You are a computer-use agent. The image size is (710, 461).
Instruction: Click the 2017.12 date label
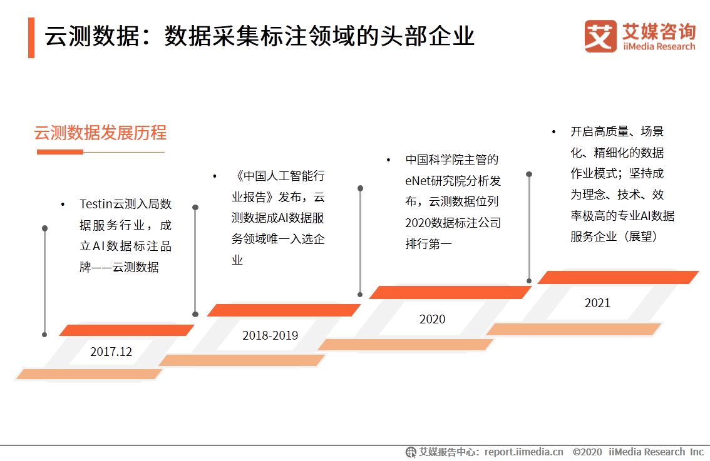click(111, 352)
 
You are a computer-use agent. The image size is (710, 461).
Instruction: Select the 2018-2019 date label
click(270, 336)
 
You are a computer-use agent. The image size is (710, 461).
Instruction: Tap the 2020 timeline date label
click(432, 320)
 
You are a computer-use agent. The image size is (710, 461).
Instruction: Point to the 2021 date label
click(597, 303)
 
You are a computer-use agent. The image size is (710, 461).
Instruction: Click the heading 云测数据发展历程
click(100, 133)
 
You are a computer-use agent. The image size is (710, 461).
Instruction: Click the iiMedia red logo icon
click(600, 36)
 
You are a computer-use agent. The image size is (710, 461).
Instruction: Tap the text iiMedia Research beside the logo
click(659, 47)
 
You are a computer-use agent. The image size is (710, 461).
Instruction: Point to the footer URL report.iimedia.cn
click(523, 452)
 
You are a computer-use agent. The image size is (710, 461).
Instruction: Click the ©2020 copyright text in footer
click(587, 452)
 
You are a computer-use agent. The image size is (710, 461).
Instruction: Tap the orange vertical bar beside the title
click(31, 38)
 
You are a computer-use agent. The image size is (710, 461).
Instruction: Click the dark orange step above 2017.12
click(126, 330)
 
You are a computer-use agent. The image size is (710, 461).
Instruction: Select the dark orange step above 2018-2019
click(284, 310)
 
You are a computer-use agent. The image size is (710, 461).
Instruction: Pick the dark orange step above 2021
click(618, 277)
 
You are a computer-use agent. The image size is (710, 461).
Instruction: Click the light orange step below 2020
click(405, 344)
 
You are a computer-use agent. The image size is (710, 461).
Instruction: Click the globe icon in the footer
click(411, 452)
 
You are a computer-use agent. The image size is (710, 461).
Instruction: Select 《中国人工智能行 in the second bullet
click(278, 176)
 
